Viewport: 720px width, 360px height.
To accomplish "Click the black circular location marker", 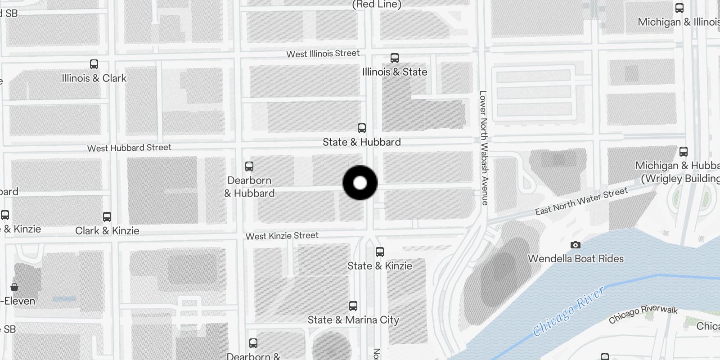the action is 360,183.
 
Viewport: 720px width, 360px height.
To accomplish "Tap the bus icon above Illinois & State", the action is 395,58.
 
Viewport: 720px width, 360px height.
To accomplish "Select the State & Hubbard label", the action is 362,142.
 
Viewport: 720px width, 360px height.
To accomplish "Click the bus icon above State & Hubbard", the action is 362,128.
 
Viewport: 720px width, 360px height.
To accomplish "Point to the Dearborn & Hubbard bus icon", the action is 249,166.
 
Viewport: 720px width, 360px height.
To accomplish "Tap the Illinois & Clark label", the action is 94,78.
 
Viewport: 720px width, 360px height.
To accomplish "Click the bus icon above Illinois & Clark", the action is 94,64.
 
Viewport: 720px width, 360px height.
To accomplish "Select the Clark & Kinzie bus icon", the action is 107,217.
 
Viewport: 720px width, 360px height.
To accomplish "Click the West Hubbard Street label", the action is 129,148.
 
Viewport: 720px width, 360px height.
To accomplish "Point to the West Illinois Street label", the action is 323,54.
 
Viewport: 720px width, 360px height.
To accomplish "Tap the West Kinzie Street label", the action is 282,236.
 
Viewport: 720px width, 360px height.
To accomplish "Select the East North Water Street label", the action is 581,201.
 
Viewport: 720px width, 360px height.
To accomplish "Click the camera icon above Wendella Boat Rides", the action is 576,245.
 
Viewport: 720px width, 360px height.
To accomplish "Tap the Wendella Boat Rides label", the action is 576,259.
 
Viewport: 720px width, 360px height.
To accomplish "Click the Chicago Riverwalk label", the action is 643,314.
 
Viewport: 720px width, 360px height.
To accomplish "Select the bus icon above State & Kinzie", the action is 380,252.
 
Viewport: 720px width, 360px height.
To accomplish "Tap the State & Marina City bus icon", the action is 353,306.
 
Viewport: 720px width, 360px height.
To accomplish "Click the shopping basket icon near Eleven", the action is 14,287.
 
